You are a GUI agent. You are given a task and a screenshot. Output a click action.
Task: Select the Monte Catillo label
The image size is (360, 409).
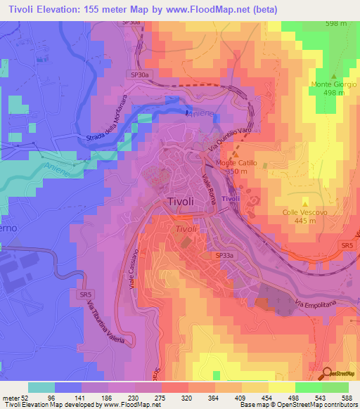click(236, 163)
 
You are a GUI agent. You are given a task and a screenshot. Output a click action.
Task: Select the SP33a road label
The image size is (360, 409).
click(224, 257)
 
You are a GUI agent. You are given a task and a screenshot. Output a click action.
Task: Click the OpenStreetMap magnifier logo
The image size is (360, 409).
click(327, 374)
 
